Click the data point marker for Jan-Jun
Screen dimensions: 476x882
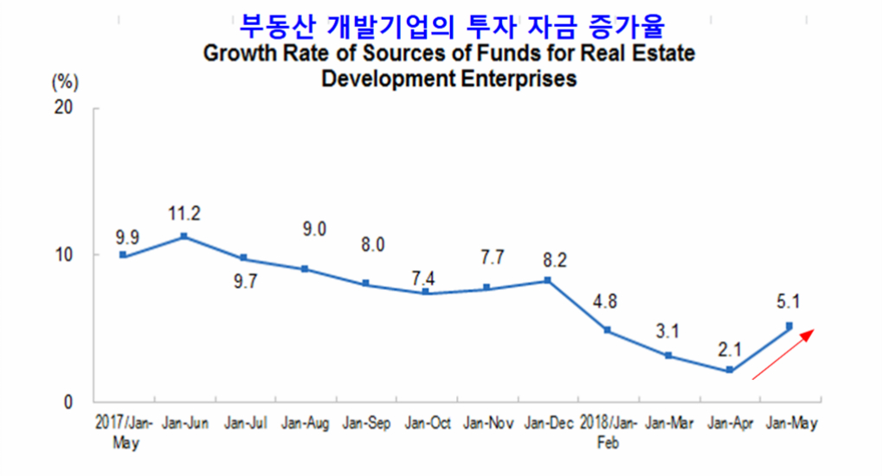tap(184, 236)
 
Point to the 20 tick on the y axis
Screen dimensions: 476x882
tap(65, 107)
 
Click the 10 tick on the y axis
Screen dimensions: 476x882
tap(65, 254)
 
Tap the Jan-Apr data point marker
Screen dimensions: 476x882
tap(730, 370)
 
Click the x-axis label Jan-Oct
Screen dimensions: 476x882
tap(426, 424)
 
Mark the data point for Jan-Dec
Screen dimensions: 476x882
tap(547, 280)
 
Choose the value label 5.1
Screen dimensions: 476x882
tap(789, 303)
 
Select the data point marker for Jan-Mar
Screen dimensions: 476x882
tap(669, 356)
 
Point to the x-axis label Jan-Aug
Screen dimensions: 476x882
tap(306, 424)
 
